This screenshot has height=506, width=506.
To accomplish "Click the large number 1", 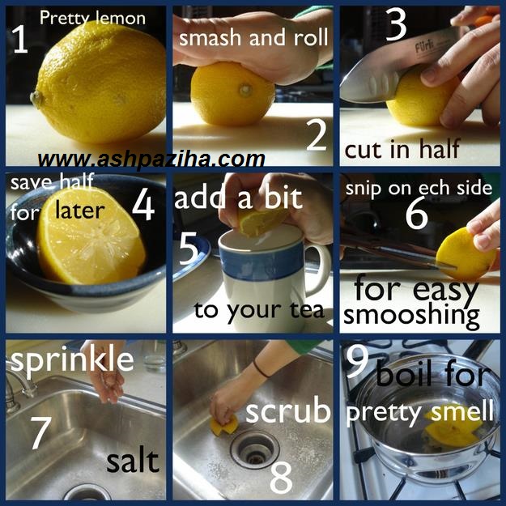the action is pyautogui.click(x=21, y=40).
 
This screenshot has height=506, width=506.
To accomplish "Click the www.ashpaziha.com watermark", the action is pyautogui.click(x=151, y=159).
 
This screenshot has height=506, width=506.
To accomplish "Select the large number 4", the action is pyautogui.click(x=143, y=206).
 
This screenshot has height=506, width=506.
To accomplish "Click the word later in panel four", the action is pyautogui.click(x=79, y=210).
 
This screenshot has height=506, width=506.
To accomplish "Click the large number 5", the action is pyautogui.click(x=189, y=250).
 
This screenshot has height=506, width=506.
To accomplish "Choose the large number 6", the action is pyautogui.click(x=417, y=214).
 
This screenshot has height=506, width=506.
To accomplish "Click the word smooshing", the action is pyautogui.click(x=412, y=315).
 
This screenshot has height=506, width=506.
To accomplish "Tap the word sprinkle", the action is pyautogui.click(x=72, y=361).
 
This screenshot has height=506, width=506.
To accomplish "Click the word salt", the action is pyautogui.click(x=133, y=461).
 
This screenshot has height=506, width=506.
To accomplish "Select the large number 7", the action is pyautogui.click(x=41, y=433).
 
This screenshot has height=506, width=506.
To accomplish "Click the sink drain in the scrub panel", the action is pyautogui.click(x=255, y=449).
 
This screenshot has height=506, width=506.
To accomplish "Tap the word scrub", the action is pyautogui.click(x=288, y=410).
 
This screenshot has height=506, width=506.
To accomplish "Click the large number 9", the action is pyautogui.click(x=357, y=363).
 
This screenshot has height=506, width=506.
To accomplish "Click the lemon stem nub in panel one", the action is pyautogui.click(x=37, y=99).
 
